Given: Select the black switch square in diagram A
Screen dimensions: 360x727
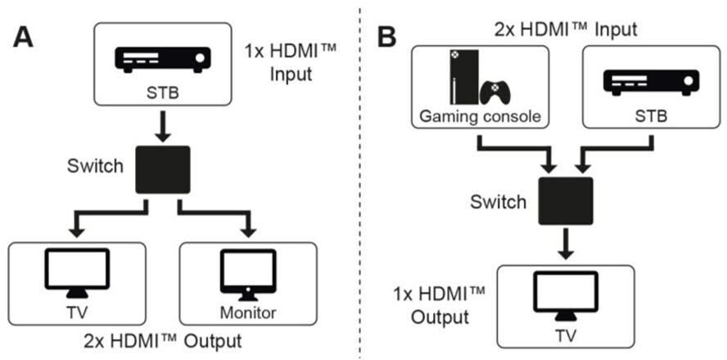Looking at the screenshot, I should tap(163, 169).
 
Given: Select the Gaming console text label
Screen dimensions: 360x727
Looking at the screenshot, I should tap(480, 115).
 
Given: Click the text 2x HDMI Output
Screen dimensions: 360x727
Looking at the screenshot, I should tap(163, 340).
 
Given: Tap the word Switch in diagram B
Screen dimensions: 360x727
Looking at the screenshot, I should tap(496, 201).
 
